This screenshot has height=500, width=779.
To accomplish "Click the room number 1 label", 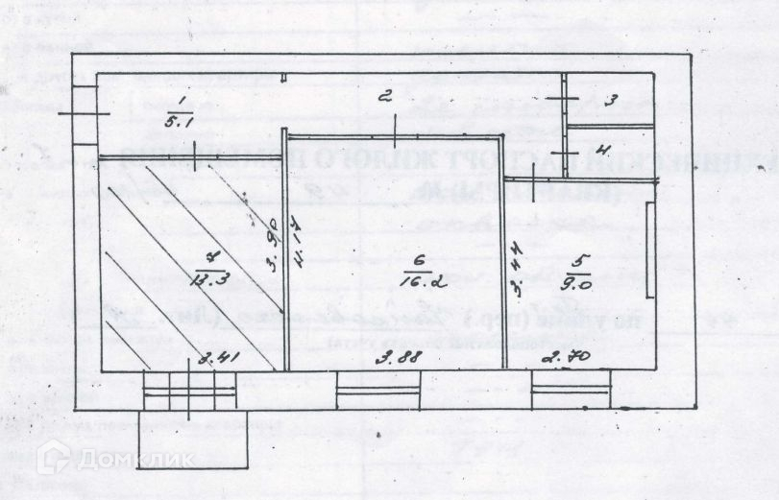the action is tap(181, 101).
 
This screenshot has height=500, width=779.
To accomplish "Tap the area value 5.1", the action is tap(180, 122).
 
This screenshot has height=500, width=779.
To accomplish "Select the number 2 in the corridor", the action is tap(384, 95).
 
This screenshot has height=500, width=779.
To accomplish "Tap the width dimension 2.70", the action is tap(566, 360).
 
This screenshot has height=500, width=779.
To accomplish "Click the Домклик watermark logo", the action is tap(115, 459).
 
